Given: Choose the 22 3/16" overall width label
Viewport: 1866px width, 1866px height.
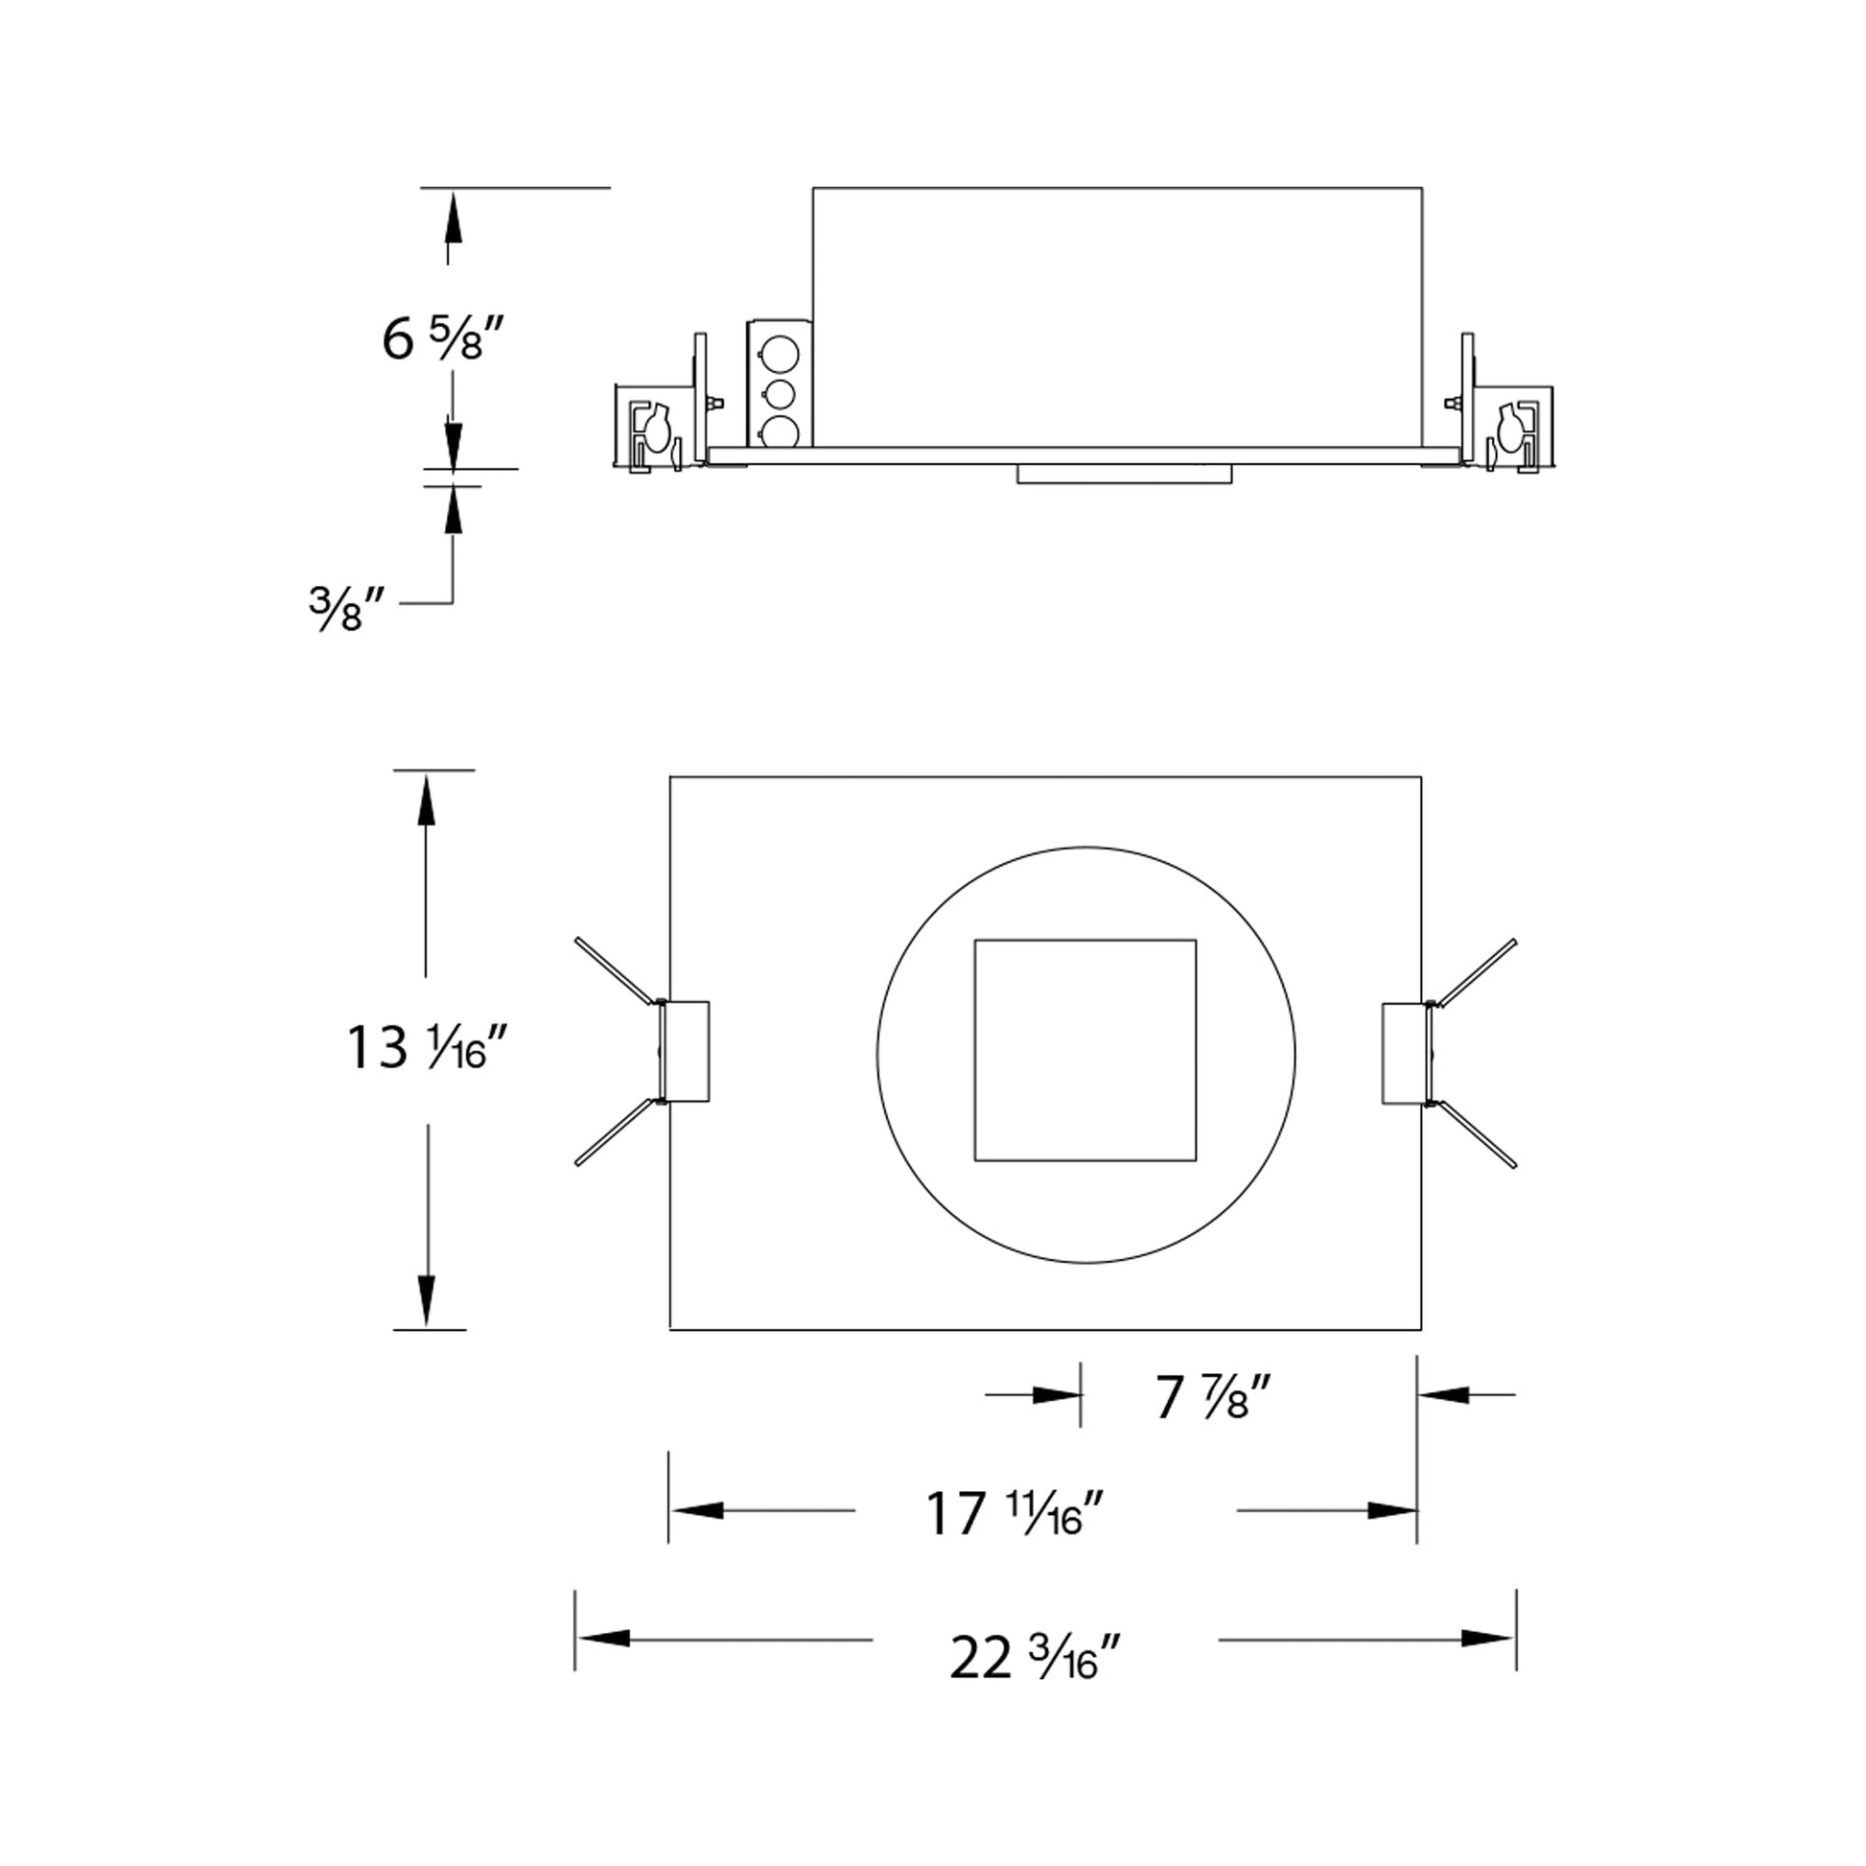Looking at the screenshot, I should tap(1035, 1658).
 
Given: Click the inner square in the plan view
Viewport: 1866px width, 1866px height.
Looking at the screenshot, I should tap(1085, 1050).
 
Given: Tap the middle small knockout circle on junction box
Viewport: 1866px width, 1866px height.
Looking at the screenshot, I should tap(779, 394).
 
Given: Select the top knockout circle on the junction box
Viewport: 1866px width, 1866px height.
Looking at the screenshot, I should tap(779, 355).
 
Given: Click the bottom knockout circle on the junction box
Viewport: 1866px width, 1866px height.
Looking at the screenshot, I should tap(779, 432).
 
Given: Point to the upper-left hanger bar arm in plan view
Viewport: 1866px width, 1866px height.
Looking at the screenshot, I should tap(617, 970).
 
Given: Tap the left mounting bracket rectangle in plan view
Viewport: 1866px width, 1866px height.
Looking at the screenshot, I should tap(685, 1051).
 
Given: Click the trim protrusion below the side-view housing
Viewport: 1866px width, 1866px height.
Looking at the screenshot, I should tap(1124, 474).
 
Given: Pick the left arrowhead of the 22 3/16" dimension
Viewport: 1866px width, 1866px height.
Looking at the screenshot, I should tap(603, 1638).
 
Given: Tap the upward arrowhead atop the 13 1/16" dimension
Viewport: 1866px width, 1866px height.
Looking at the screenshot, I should tap(426, 803).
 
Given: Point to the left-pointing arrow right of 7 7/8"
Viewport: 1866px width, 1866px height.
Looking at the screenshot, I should tap(1445, 1394).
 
